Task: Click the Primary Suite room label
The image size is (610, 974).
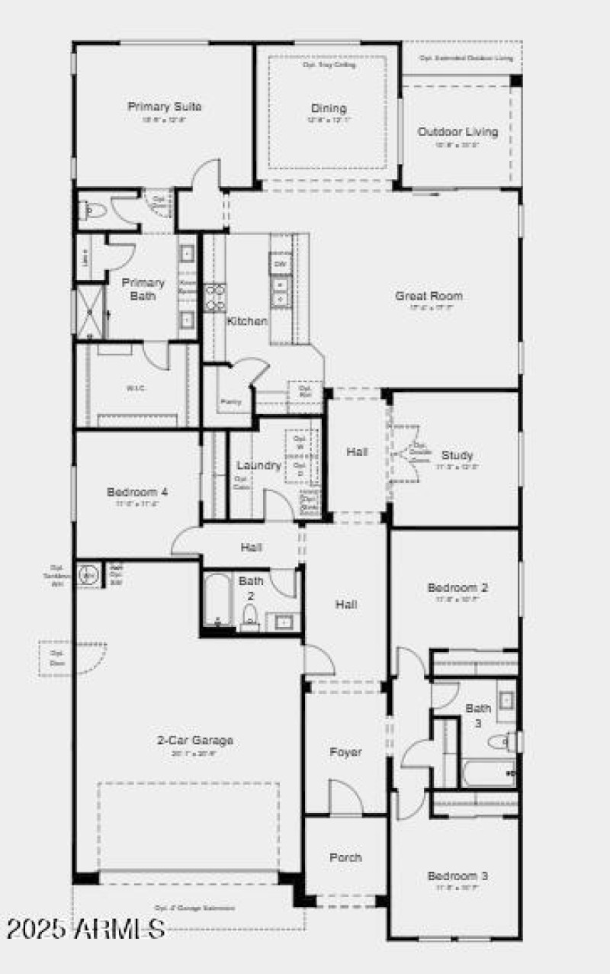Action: pyautogui.click(x=164, y=107)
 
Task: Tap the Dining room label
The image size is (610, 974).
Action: pyautogui.click(x=328, y=108)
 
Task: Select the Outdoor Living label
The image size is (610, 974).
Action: pyautogui.click(x=457, y=132)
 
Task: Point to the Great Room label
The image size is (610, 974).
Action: pyautogui.click(x=429, y=296)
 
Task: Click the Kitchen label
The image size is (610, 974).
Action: pyautogui.click(x=247, y=321)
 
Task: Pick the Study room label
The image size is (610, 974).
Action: pyautogui.click(x=457, y=455)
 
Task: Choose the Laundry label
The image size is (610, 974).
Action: pyautogui.click(x=258, y=465)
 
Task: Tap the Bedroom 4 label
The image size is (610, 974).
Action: pyautogui.click(x=137, y=492)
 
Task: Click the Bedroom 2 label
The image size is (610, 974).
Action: pyautogui.click(x=457, y=588)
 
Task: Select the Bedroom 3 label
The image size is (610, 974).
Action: pyautogui.click(x=457, y=876)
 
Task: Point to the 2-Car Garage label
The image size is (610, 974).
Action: pyautogui.click(x=195, y=740)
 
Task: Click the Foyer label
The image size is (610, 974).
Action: pyautogui.click(x=345, y=752)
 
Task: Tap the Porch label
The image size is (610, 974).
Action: pyautogui.click(x=345, y=857)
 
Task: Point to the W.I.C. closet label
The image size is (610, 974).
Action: pyautogui.click(x=135, y=387)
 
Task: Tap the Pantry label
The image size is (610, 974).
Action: pyautogui.click(x=230, y=401)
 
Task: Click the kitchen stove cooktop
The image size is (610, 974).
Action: pyautogui.click(x=215, y=296)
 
